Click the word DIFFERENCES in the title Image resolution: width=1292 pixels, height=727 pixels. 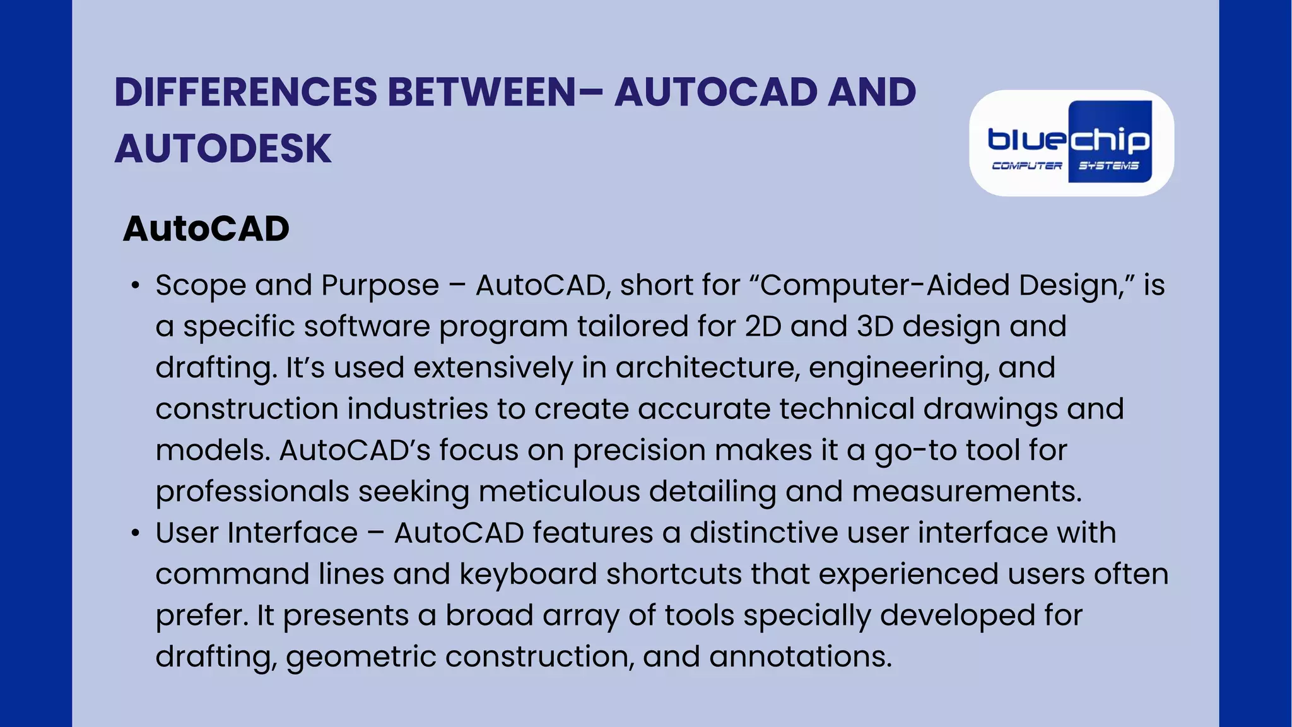(x=246, y=92)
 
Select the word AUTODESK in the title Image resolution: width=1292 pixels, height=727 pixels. (x=223, y=149)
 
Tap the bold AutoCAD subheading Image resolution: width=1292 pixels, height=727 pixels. (x=206, y=228)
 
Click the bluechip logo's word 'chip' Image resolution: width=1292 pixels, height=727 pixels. (x=1110, y=140)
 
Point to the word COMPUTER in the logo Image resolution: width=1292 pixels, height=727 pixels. (x=1027, y=166)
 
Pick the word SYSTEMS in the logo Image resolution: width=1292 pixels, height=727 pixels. (x=1108, y=166)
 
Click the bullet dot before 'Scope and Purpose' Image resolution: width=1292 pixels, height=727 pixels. (x=135, y=286)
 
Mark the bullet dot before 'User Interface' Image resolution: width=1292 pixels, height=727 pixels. (x=135, y=533)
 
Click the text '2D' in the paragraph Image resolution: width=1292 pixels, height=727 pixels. (x=763, y=327)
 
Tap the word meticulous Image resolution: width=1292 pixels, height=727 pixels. (x=559, y=492)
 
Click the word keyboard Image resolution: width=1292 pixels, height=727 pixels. (x=527, y=574)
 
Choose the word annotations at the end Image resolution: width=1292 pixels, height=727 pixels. (x=800, y=657)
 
